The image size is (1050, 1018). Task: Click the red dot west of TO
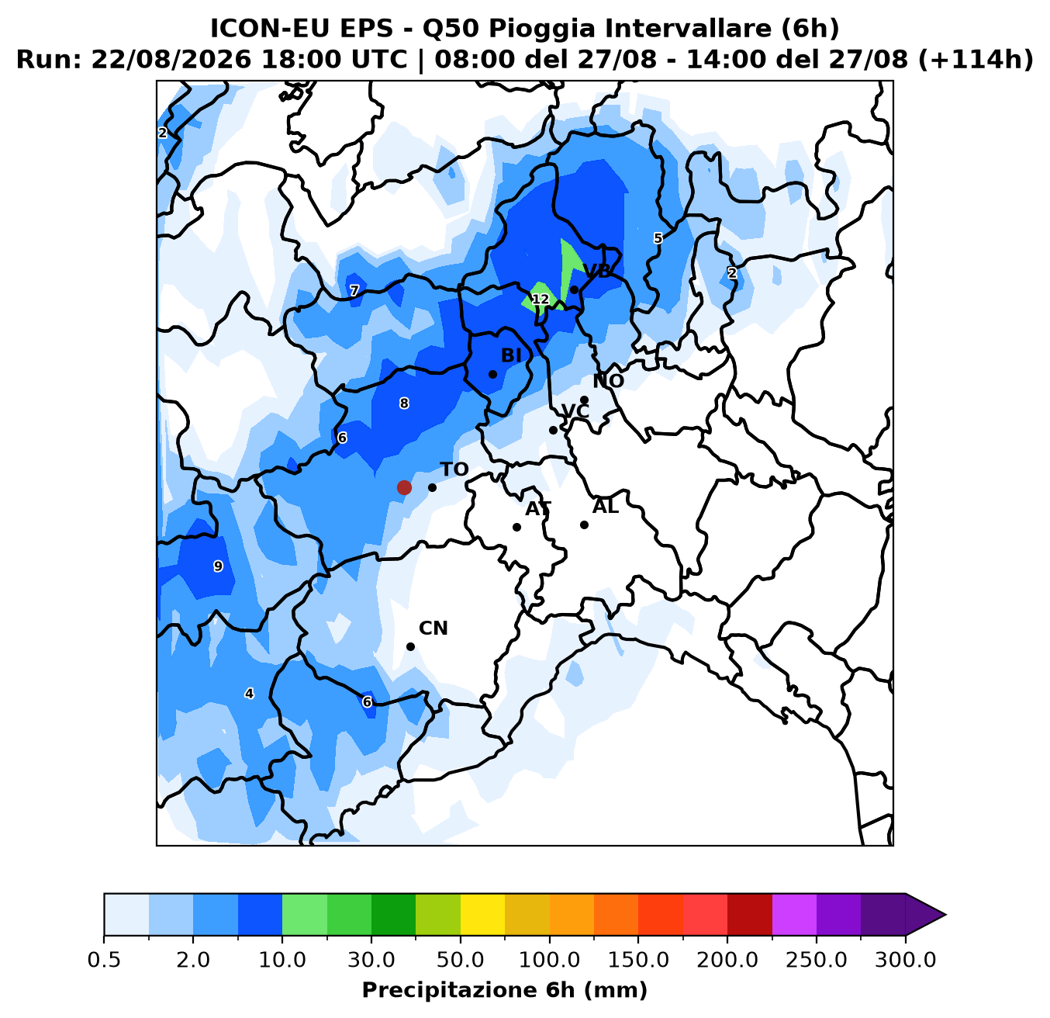[404, 487]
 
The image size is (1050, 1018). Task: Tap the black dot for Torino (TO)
[432, 487]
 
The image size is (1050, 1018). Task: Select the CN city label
[433, 628]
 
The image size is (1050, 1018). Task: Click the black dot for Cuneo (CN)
[410, 646]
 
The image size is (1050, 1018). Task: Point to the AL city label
[606, 507]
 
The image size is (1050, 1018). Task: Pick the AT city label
[538, 508]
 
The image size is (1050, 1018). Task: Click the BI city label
[511, 355]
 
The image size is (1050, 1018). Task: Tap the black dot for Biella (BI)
[492, 374]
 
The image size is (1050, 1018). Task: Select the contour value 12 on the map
[540, 299]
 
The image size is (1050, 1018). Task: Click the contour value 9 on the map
[218, 566]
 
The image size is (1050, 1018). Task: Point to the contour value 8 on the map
[404, 403]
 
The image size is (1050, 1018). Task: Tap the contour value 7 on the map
[354, 291]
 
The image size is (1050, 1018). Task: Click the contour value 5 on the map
[658, 238]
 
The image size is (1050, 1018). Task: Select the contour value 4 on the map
[249, 694]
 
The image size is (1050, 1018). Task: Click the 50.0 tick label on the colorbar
[461, 961]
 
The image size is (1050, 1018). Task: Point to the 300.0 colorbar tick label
[906, 961]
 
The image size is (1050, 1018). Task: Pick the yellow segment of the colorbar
[482, 914]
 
